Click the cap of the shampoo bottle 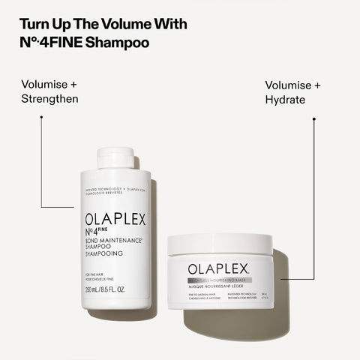116,157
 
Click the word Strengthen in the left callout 49,99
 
